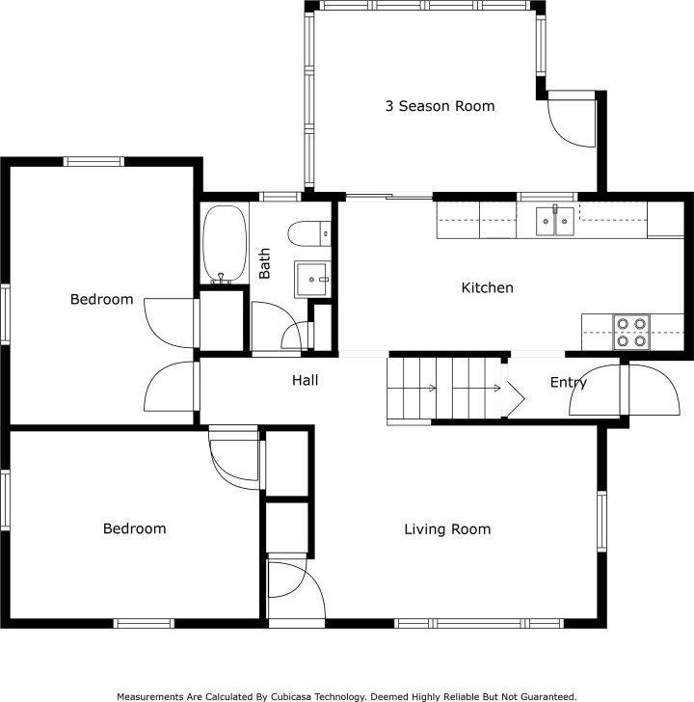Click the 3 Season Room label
point(440,106)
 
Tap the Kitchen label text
point(488,287)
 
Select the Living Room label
point(447,529)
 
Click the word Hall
point(306,380)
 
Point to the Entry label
point(569,382)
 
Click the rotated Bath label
point(264,263)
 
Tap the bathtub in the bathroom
point(225,244)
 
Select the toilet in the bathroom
point(309,233)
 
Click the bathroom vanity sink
point(312,280)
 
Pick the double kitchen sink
point(555,221)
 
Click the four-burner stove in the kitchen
point(631,332)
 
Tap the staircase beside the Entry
point(447,389)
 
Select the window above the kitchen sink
point(547,197)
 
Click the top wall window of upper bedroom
point(93,161)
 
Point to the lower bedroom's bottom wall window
point(144,623)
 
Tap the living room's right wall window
point(601,522)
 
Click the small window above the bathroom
point(280,197)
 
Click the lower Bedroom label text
point(135,528)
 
